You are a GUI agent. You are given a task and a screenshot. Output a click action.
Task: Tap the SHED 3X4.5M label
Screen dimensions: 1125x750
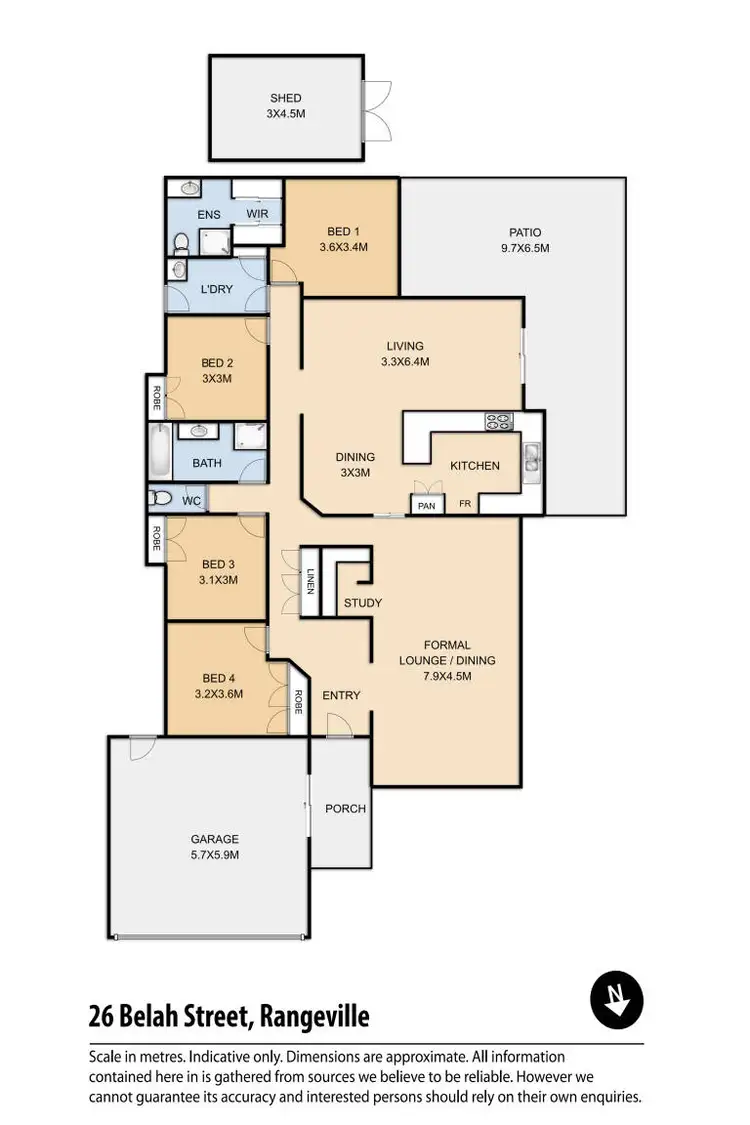[x=285, y=106]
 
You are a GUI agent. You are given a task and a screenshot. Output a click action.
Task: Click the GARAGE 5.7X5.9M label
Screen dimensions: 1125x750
[x=215, y=847]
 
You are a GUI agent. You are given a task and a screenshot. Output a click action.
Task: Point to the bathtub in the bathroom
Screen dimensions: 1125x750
[x=158, y=452]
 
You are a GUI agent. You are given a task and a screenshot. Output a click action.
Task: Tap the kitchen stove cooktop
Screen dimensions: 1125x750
[x=499, y=422]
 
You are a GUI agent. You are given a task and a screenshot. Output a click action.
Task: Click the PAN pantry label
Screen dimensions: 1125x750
[x=426, y=506]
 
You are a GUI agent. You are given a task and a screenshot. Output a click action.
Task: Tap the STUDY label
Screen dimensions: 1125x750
[x=362, y=603]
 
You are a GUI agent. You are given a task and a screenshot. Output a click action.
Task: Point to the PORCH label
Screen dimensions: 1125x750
[x=346, y=808]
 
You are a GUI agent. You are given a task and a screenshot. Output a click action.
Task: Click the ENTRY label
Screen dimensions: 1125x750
[x=341, y=695]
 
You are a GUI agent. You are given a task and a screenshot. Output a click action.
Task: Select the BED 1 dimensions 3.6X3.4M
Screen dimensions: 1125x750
[x=343, y=246]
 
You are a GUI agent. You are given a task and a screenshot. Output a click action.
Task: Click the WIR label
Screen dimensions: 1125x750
[x=257, y=214]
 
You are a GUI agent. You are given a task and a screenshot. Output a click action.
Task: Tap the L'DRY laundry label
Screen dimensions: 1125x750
[x=217, y=288]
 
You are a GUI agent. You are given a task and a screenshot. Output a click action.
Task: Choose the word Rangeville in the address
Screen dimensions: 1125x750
[x=314, y=1017]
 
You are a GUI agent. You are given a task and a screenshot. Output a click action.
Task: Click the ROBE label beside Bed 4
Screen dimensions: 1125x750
[x=298, y=702]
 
